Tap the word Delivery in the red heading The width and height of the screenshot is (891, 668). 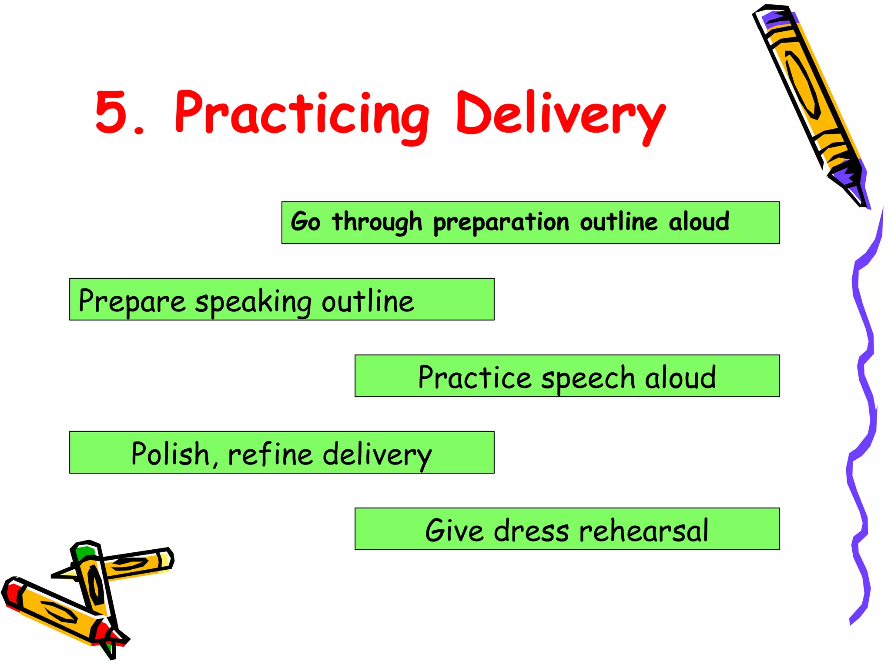(560, 114)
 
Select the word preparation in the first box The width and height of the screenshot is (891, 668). (501, 223)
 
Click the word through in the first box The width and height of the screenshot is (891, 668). (377, 223)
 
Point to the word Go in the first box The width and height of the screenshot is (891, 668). (306, 222)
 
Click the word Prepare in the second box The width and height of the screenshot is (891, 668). (132, 301)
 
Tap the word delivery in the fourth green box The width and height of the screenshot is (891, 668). (377, 454)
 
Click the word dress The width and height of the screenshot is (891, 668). (531, 530)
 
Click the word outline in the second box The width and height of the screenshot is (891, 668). (368, 301)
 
